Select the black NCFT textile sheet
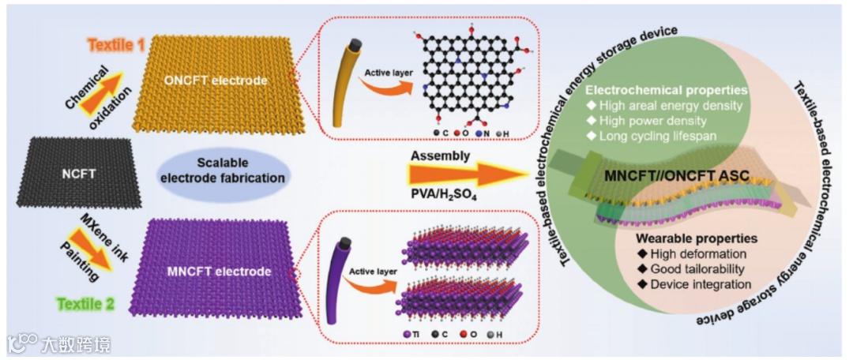[77, 173]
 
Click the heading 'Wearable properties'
[697, 238]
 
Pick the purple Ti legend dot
[407, 335]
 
